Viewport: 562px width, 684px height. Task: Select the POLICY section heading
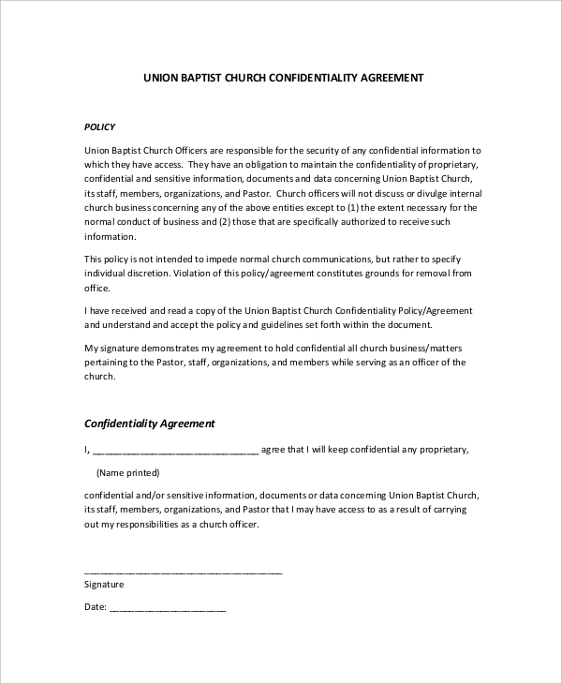pyautogui.click(x=100, y=125)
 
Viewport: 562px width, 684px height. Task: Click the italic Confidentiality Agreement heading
pyautogui.click(x=150, y=424)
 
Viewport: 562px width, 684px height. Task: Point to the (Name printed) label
pyautogui.click(x=128, y=472)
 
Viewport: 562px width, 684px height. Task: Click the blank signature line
pyautogui.click(x=184, y=570)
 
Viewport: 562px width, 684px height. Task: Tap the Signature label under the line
pyautogui.click(x=104, y=584)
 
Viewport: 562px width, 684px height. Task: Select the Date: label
pyautogui.click(x=96, y=606)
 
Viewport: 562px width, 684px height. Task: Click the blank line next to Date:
pyautogui.click(x=169, y=607)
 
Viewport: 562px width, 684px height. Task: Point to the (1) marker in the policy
pyautogui.click(x=354, y=207)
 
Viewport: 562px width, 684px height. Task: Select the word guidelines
pyautogui.click(x=283, y=325)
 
